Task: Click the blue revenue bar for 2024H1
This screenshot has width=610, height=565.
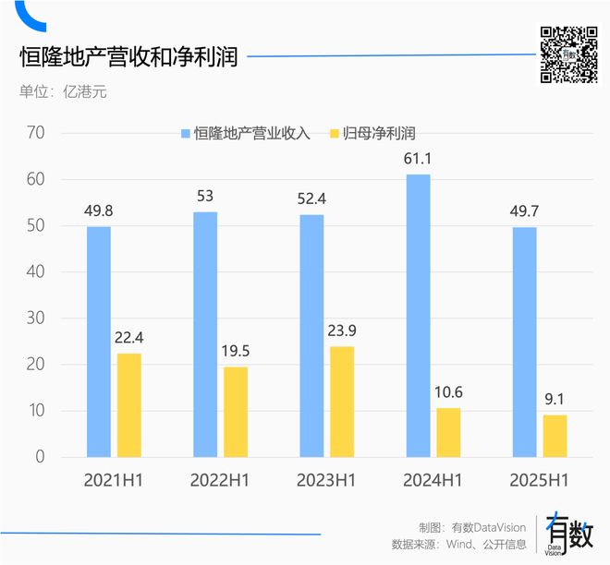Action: click(419, 315)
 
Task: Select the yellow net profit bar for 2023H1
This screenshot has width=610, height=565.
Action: click(342, 401)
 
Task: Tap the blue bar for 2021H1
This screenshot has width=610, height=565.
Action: click(99, 341)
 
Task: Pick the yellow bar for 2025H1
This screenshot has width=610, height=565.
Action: click(555, 435)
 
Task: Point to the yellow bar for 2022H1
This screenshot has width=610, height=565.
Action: click(236, 411)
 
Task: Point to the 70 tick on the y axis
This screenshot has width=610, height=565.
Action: click(37, 133)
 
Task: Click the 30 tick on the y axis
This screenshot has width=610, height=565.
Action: click(37, 319)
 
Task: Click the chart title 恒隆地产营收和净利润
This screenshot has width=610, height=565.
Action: click(129, 57)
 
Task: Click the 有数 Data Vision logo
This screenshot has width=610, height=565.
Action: click(567, 534)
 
